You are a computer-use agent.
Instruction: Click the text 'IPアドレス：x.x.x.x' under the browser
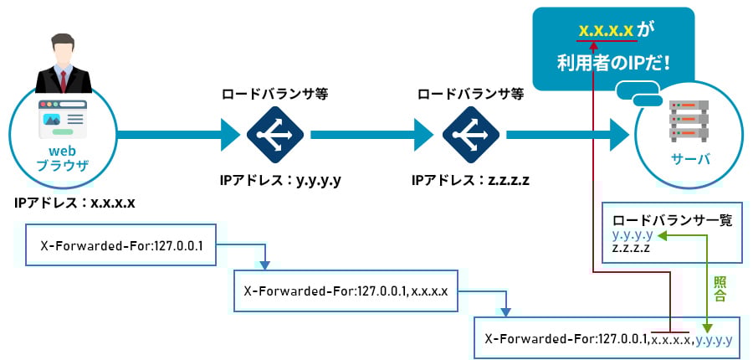(74, 203)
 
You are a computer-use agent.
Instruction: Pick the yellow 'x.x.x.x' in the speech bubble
(606, 30)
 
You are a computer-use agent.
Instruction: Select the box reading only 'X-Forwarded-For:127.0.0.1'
(121, 245)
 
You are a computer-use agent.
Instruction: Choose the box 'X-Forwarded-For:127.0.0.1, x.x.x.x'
(346, 291)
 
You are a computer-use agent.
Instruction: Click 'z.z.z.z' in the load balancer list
(633, 249)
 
